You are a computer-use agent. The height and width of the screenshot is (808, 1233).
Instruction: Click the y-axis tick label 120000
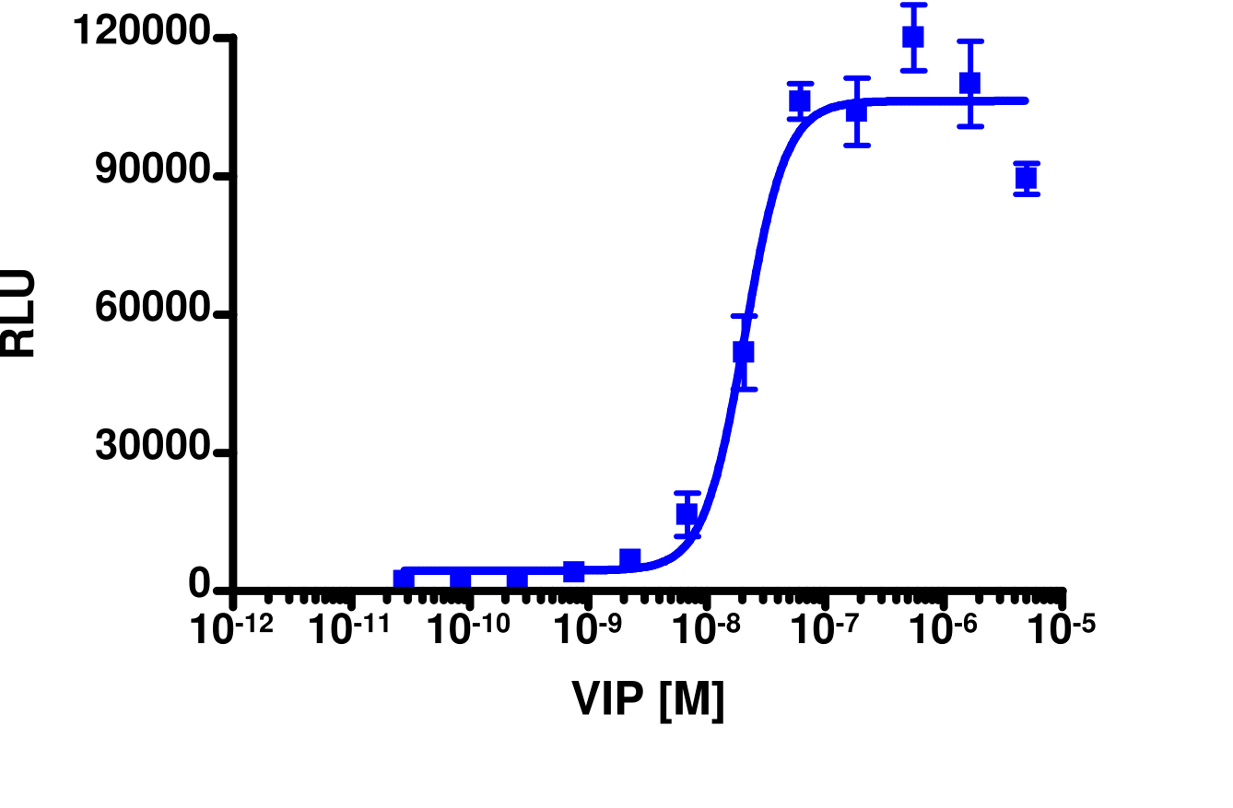coord(143,33)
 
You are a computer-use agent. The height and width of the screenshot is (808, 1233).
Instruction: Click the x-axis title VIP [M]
coord(648,700)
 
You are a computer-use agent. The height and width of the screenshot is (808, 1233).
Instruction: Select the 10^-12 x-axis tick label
coord(232,630)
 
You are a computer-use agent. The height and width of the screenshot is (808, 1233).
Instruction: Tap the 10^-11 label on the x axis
coord(350,630)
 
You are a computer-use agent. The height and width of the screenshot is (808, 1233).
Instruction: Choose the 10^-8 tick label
coord(706,630)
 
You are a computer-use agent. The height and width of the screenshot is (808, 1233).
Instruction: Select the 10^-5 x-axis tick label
coord(1061,630)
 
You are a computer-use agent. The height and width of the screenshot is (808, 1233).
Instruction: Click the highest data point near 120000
coord(913,37)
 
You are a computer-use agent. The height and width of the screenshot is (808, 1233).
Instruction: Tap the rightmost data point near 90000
coord(1026,178)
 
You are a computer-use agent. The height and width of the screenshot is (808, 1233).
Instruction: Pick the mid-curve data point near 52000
coord(744,352)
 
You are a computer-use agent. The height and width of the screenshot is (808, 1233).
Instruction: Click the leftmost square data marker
coord(403,580)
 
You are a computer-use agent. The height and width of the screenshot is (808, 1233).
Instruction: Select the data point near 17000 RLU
coord(687,514)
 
